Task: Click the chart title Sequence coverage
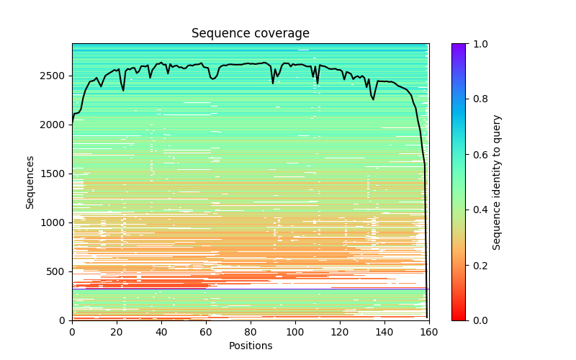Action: coord(251,33)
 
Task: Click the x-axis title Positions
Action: coord(251,346)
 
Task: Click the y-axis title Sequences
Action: coord(30,182)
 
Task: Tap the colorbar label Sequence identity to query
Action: coord(497,182)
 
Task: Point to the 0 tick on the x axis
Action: coord(72,331)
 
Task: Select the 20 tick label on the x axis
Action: coord(117,331)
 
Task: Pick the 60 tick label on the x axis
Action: coord(206,331)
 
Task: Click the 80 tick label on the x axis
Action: coord(251,331)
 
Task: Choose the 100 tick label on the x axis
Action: coord(295,331)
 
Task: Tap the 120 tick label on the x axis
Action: coord(340,331)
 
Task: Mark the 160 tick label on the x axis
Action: coord(429,331)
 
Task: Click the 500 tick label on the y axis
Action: coord(56,271)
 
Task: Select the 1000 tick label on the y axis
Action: coord(54,222)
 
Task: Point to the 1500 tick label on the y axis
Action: coord(54,174)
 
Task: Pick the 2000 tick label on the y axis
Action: coord(54,125)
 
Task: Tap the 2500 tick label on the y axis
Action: coord(54,76)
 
